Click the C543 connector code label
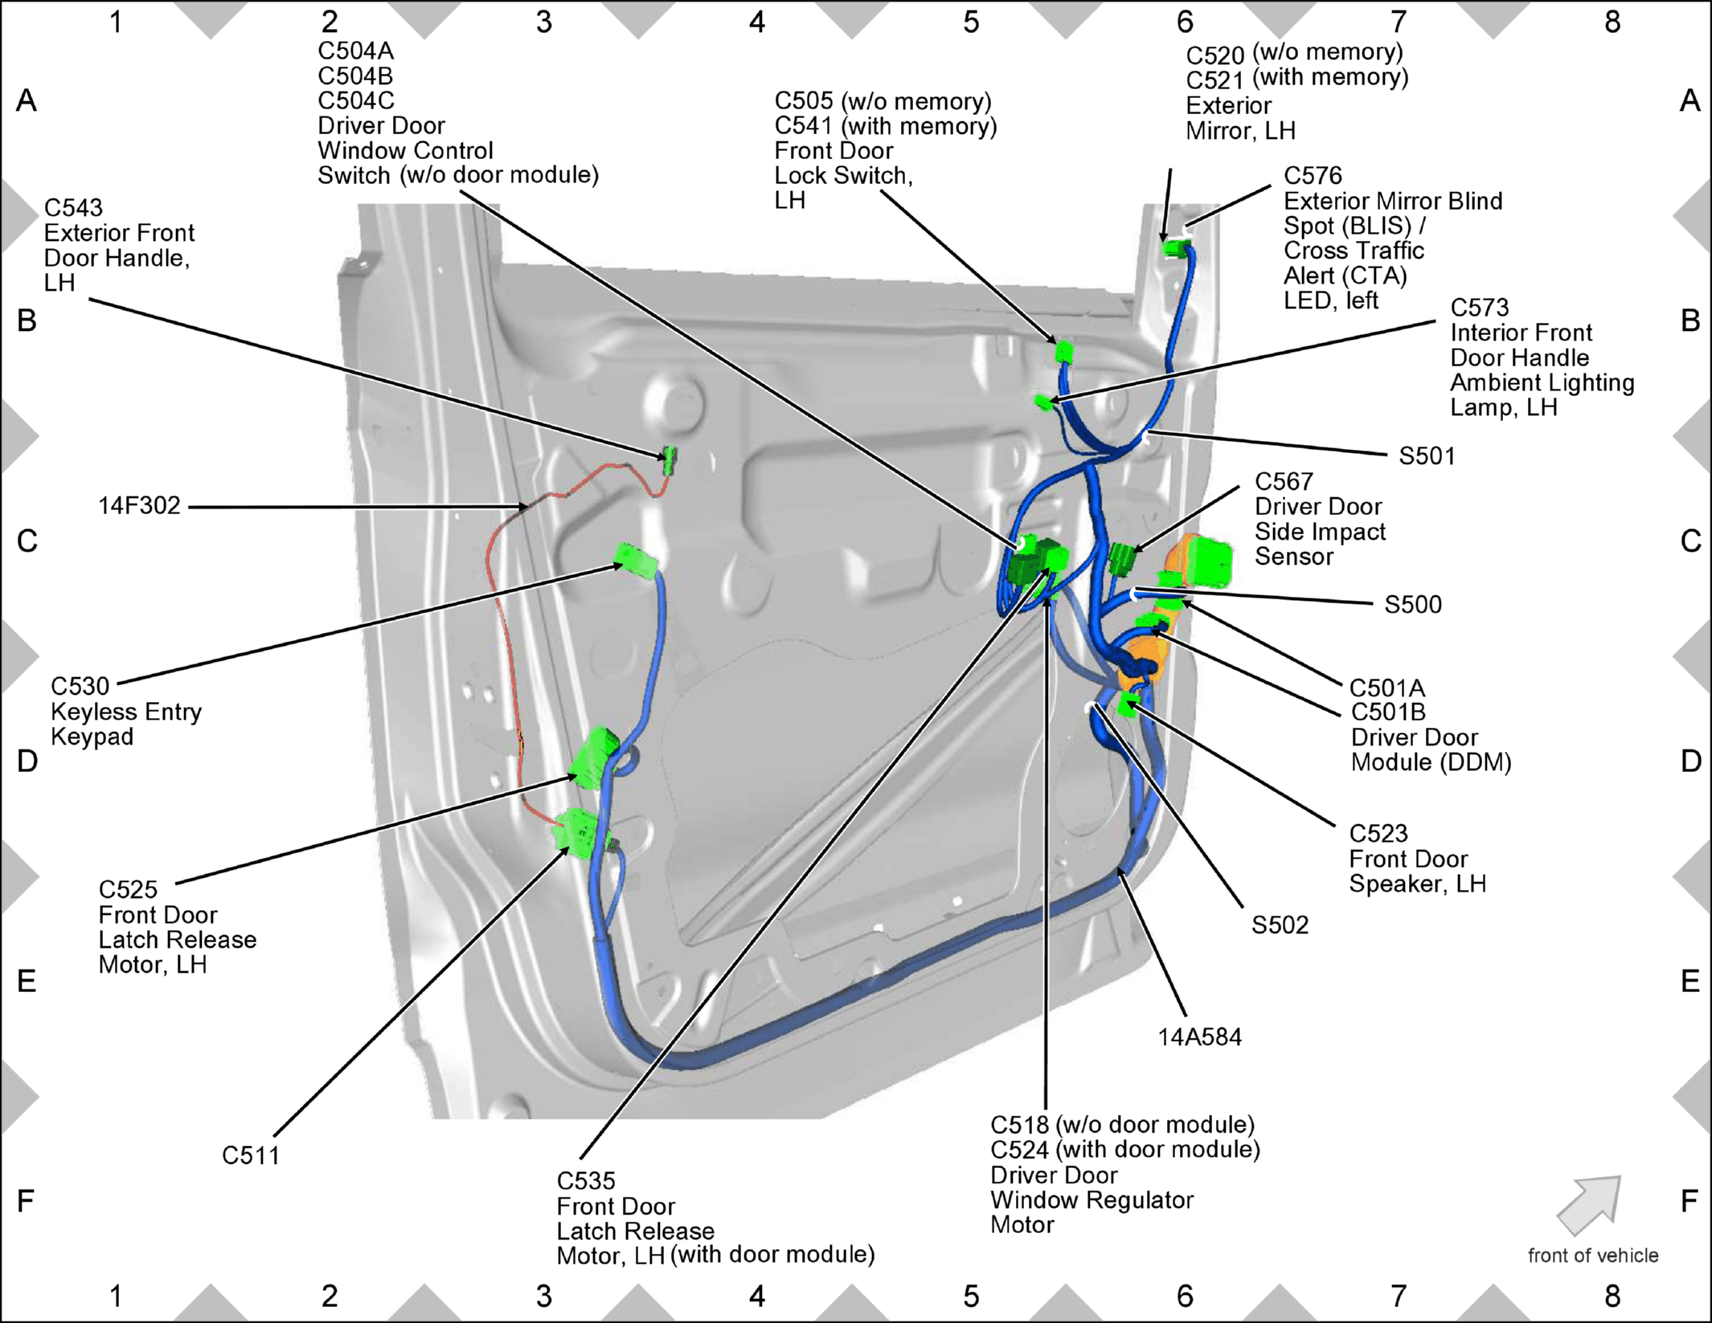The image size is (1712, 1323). (73, 208)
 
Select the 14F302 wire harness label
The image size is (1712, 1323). (139, 506)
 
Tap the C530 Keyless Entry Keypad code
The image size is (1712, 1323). (80, 687)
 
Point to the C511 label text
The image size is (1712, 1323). (251, 1156)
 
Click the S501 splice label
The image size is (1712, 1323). (1427, 456)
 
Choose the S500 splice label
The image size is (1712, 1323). (1413, 605)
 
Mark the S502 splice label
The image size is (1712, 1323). (1280, 925)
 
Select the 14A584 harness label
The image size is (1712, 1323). (1200, 1037)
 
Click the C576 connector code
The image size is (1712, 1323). (1313, 176)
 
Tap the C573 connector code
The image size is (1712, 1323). (1480, 308)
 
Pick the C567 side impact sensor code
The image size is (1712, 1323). (1284, 482)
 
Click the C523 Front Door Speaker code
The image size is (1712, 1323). (1378, 834)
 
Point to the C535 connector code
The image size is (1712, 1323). (586, 1181)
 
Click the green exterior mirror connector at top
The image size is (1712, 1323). (1177, 247)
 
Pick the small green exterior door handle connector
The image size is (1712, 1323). (669, 460)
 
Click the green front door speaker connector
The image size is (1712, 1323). (1128, 704)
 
